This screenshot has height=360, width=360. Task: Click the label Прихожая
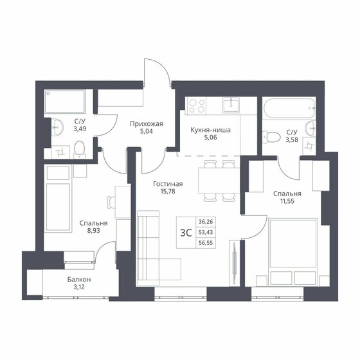pyautogui.click(x=142, y=124)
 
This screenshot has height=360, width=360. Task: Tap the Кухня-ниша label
pyautogui.click(x=210, y=129)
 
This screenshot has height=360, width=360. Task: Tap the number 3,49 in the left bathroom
pyautogui.click(x=80, y=129)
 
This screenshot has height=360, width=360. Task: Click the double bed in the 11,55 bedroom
pyautogui.click(x=293, y=251)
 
